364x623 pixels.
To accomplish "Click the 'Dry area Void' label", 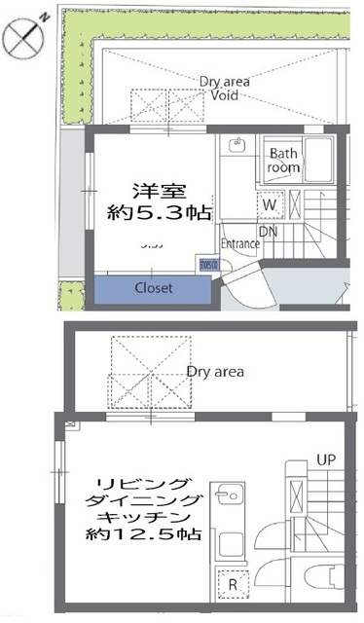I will (225, 90).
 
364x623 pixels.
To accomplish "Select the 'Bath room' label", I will (284, 160).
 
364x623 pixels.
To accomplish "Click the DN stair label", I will (269, 232).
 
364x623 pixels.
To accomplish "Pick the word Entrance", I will (240, 243).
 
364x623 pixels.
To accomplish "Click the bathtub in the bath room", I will (318, 159).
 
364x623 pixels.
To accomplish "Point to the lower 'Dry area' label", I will (215, 371).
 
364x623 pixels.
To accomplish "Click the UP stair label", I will (325, 458).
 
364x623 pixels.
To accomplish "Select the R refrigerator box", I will (233, 583).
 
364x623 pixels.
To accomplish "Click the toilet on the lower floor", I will (324, 576).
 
